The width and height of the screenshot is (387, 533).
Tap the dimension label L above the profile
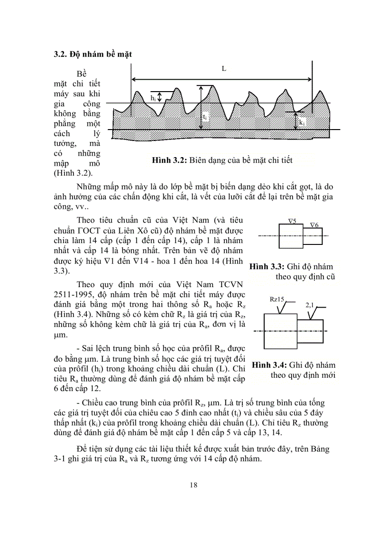224,68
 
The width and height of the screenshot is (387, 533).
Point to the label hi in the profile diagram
153,97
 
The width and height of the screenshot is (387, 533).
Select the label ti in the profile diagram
204,116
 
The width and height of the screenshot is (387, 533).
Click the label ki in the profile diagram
302,122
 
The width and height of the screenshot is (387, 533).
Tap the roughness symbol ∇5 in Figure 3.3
292,221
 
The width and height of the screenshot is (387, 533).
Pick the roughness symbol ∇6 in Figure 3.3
313,225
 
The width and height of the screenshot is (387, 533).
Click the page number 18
193,485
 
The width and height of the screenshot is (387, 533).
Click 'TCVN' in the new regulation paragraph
231,284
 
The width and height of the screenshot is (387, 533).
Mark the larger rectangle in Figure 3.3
291,235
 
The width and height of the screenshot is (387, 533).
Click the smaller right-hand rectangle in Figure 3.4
311,331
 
